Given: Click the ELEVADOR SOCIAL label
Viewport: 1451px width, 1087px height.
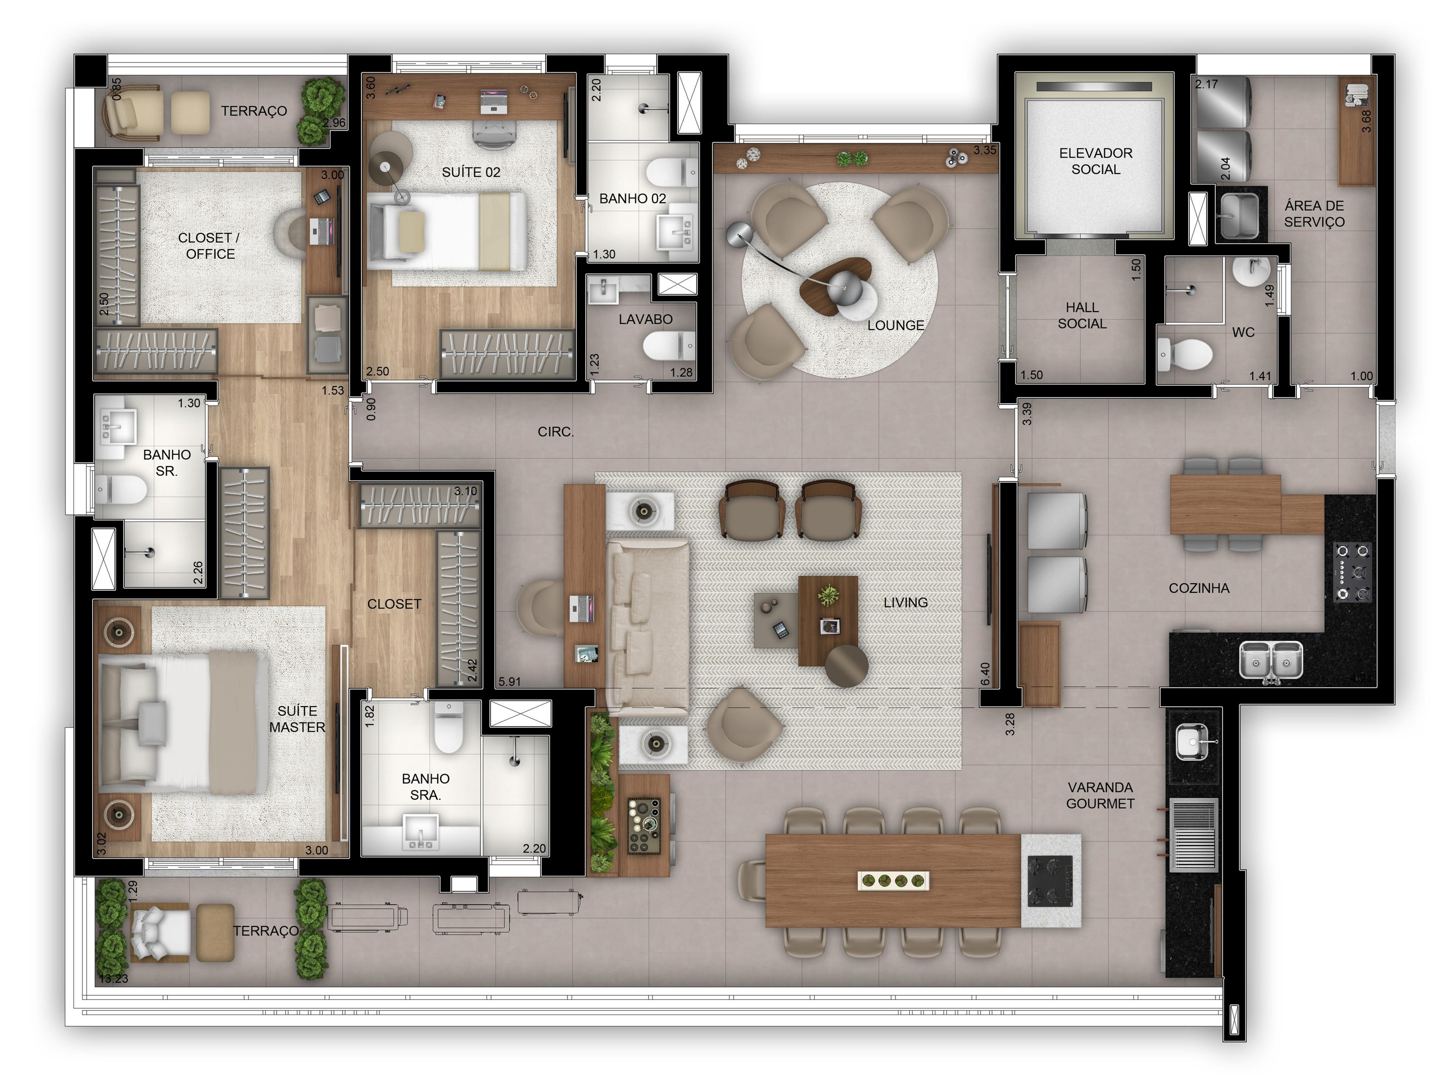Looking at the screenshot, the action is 1095,161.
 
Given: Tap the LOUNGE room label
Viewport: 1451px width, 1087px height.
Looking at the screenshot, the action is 896,326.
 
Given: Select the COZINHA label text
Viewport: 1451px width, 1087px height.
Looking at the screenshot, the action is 1198,588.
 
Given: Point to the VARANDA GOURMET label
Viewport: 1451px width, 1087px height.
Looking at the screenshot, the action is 1100,795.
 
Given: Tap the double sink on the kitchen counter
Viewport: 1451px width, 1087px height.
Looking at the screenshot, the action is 1270,659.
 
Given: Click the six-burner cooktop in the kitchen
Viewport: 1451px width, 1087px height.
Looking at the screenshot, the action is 1352,572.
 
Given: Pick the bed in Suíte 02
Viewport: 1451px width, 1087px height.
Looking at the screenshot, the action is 446,231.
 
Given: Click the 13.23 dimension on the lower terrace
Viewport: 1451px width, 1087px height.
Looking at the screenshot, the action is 113,979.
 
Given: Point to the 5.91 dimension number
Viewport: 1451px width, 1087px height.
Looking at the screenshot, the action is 509,681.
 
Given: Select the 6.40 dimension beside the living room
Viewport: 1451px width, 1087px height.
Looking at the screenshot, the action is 985,674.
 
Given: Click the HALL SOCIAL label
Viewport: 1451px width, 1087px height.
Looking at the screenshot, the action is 1082,316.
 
